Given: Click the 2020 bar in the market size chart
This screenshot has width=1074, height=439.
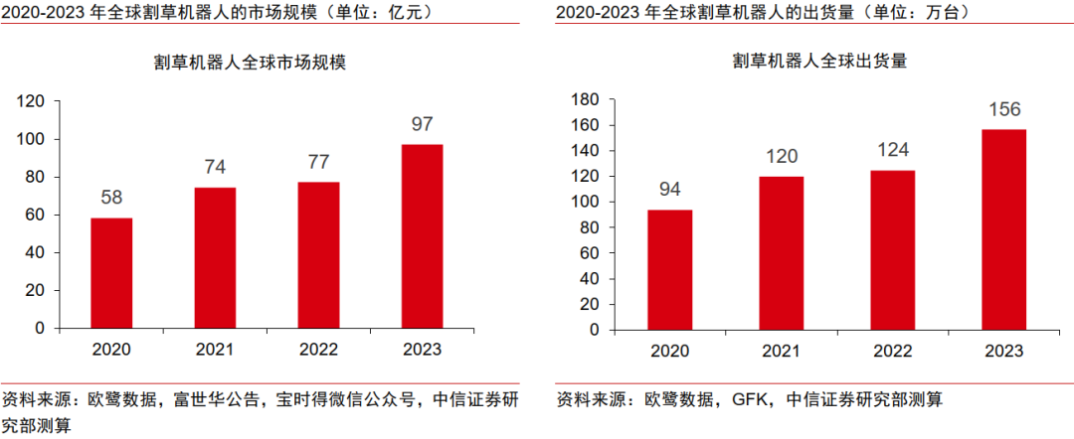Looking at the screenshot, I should click(x=111, y=273).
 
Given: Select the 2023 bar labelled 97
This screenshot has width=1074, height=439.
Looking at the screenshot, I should click(x=423, y=236).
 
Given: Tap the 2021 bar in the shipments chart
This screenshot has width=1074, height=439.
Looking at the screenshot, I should click(x=783, y=253).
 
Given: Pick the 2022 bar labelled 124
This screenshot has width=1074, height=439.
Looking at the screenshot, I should click(x=893, y=250).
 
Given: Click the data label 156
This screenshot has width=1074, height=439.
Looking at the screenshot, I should click(x=1004, y=109).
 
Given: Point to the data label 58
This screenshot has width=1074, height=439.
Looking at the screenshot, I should click(x=111, y=198).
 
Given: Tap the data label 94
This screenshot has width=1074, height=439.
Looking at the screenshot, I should click(x=671, y=189).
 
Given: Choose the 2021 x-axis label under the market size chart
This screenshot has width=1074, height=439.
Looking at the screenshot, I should click(x=215, y=350).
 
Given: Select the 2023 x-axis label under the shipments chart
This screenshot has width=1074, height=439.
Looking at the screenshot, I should click(x=1004, y=352).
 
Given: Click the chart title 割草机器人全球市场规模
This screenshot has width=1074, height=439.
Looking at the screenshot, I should click(x=250, y=62).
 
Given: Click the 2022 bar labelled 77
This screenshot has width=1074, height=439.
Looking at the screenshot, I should click(x=318, y=254).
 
